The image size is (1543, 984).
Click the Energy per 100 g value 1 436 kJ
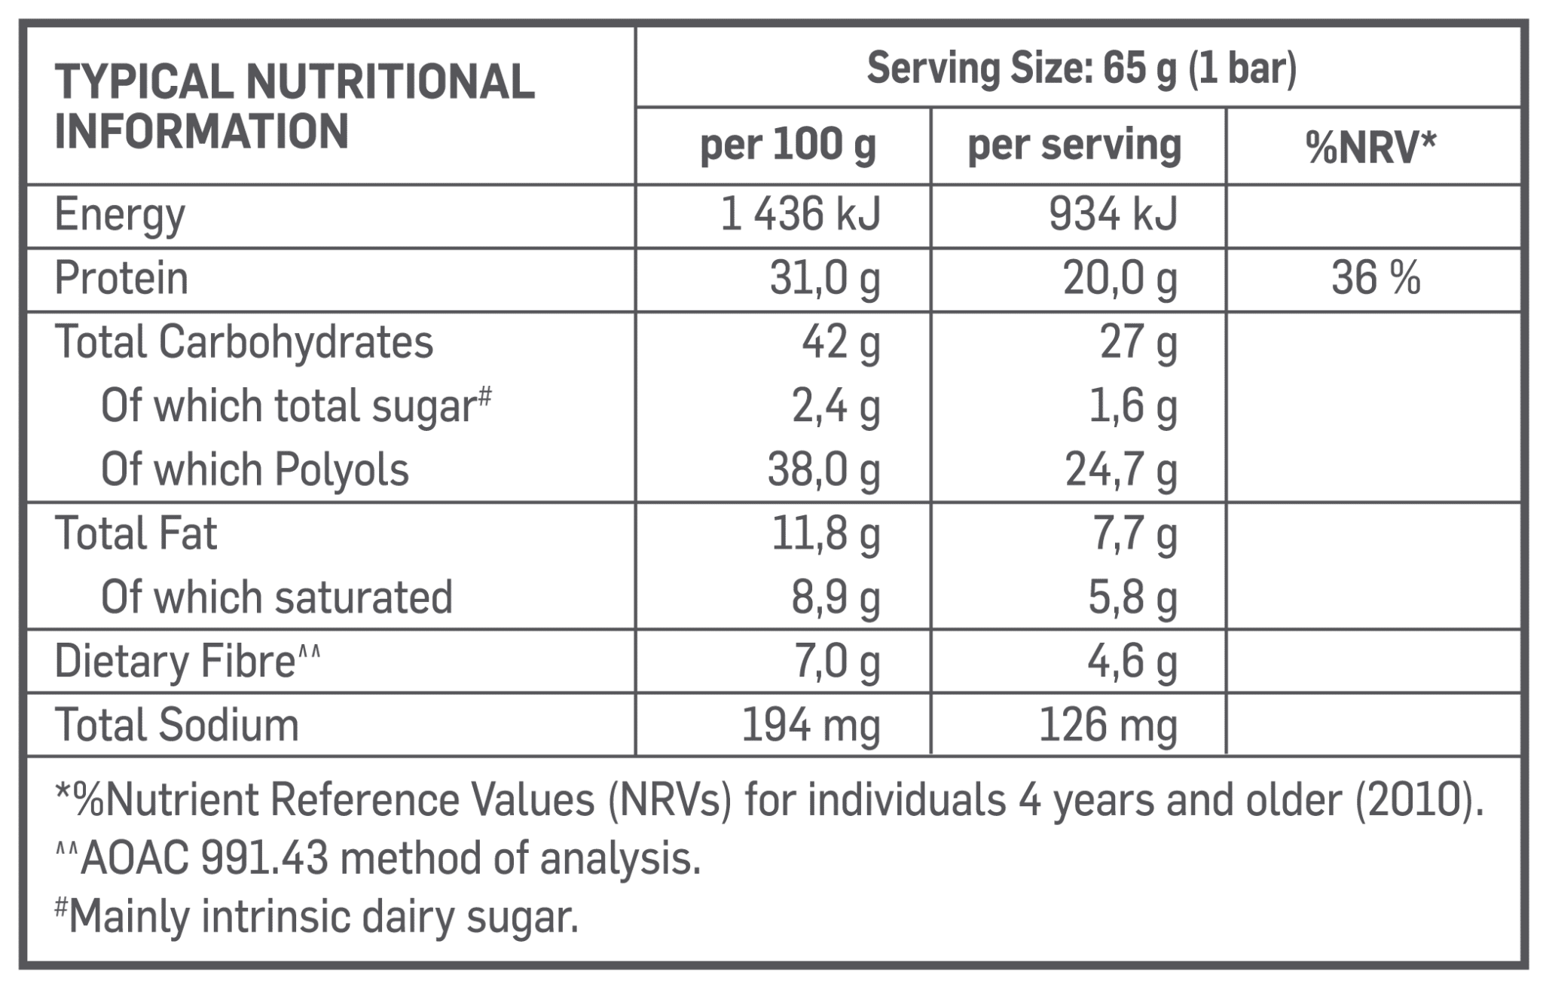tap(800, 215)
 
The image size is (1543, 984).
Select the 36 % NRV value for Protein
tap(1375, 279)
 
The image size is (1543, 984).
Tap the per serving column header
tap(1074, 146)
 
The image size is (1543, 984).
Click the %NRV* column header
tap(1371, 148)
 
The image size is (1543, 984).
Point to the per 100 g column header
tap(788, 146)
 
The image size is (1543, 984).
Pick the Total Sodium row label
tap(177, 725)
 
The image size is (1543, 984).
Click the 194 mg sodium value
tap(811, 726)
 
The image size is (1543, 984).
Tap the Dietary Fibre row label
tap(187, 662)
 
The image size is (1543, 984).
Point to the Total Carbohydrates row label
tap(244, 343)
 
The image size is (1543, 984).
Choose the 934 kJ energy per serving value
tap(1113, 215)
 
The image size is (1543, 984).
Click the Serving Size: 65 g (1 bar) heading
tap(1082, 69)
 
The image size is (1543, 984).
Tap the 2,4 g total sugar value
tap(835, 407)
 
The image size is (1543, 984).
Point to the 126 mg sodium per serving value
tap(1108, 726)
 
